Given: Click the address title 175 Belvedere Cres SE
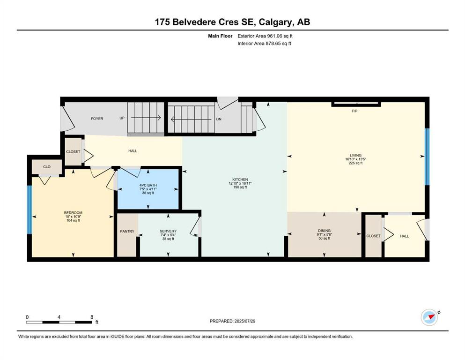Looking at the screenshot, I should [x=232, y=22].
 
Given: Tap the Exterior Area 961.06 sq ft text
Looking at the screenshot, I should [x=267, y=36].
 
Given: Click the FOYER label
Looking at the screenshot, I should [x=97, y=119].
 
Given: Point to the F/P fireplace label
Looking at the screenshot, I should [x=354, y=111].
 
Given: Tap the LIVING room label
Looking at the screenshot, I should [x=356, y=156].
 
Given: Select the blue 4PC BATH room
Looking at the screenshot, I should [x=148, y=188].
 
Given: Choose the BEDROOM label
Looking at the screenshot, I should [x=73, y=213].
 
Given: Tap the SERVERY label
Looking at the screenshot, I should [x=168, y=232].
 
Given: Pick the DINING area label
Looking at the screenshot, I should [x=324, y=231].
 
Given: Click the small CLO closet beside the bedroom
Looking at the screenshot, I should [x=46, y=167].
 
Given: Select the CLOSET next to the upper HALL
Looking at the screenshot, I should [x=73, y=151].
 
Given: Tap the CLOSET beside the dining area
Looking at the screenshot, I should [x=373, y=236].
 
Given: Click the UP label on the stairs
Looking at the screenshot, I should [x=122, y=119].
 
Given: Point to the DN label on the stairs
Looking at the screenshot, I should [x=218, y=119].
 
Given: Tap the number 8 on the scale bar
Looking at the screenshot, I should [x=91, y=317].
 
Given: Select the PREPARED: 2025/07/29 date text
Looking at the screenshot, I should [x=232, y=321].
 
